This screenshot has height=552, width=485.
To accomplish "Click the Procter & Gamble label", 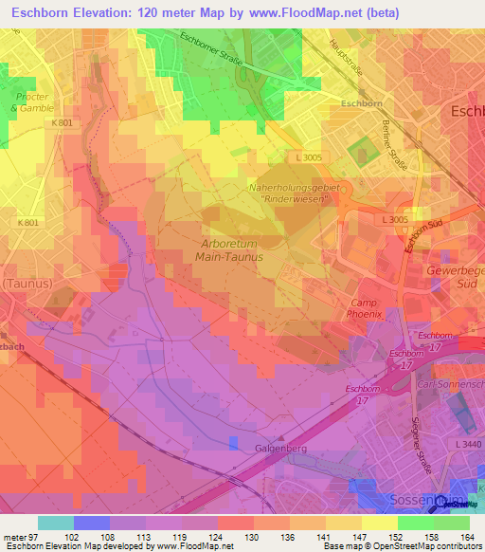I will pyautogui.click(x=31, y=102).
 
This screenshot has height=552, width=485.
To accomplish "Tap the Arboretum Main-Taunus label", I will pyautogui.click(x=228, y=248).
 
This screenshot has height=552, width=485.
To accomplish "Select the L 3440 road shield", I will pyautogui.click(x=468, y=444).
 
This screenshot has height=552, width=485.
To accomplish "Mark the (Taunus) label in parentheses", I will pyautogui.click(x=26, y=283).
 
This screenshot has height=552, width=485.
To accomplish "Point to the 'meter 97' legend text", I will pyautogui.click(x=19, y=537).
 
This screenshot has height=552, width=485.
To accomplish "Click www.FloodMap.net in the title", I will pyautogui.click(x=301, y=12).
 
